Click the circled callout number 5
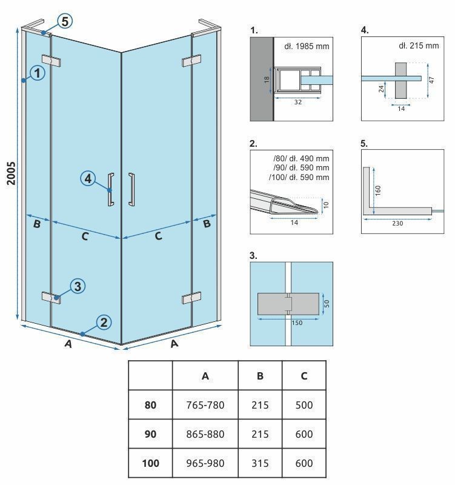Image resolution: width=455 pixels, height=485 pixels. click(x=65, y=21)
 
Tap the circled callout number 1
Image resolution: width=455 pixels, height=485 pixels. click(x=38, y=73)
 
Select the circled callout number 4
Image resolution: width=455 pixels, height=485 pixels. click(x=88, y=178)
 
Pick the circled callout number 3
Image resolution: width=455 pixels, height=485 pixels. click(x=77, y=286)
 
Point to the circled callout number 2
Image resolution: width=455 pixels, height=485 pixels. click(x=104, y=322)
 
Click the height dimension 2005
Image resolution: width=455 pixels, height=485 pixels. click(x=10, y=173)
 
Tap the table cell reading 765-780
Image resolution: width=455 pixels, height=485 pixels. click(x=205, y=404)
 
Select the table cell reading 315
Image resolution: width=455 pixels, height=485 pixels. click(x=260, y=463)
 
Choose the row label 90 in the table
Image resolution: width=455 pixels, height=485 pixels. click(x=150, y=434)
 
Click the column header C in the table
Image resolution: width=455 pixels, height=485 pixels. click(x=304, y=376)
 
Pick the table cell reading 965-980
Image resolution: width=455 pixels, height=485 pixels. click(x=205, y=463)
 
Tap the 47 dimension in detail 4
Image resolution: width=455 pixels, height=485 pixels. click(x=431, y=79)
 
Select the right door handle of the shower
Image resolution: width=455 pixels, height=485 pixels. click(x=131, y=190)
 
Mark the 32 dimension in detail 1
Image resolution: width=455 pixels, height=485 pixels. click(x=297, y=102)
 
